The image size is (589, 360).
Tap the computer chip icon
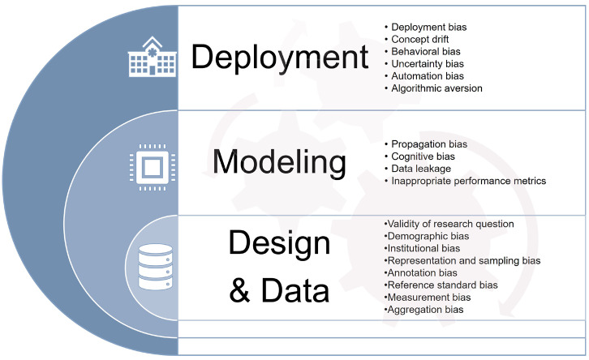tap(153, 167)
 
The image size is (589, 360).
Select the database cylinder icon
tap(156, 267)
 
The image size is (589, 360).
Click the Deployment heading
tap(280, 57)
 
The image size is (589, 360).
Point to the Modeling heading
tap(279, 162)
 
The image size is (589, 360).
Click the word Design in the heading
tap(279, 243)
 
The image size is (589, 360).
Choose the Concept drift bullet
tap(416, 39)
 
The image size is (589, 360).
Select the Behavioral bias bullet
tap(422, 51)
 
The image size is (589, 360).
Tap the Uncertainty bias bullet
tap(424, 64)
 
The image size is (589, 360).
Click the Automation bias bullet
tap(424, 76)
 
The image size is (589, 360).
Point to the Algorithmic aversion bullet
tap(433, 88)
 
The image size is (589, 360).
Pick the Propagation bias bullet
tap(426, 144)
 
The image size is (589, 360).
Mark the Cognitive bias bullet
tap(419, 156)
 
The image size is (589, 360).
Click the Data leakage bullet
tap(418, 169)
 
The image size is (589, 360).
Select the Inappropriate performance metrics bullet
tap(466, 181)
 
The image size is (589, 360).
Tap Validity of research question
tap(449, 224)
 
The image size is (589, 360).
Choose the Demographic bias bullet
tap(427, 236)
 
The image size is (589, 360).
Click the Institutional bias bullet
tap(422, 248)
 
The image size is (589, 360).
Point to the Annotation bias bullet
tap(421, 273)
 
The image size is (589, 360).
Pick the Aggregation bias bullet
tap(423, 310)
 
